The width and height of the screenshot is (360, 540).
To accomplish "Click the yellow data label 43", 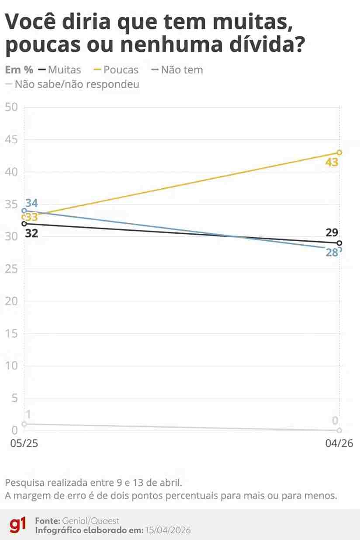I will (x=332, y=163).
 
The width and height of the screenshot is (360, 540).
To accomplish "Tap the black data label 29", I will (x=332, y=232).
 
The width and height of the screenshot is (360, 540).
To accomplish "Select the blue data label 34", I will (x=31, y=203).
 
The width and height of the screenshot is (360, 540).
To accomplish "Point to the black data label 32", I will (x=31, y=233).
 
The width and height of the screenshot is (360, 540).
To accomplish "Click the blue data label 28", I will (x=332, y=252).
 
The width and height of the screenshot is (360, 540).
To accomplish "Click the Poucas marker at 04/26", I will (x=339, y=152).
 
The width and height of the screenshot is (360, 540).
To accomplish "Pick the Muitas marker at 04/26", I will (x=339, y=243).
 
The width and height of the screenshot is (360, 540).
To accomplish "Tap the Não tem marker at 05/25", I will (x=24, y=211).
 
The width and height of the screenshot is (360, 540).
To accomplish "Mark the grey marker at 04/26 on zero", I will (x=339, y=430).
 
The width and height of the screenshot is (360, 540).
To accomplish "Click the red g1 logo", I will (x=18, y=525).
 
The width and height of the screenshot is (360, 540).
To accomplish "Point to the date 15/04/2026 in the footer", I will (x=168, y=530).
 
